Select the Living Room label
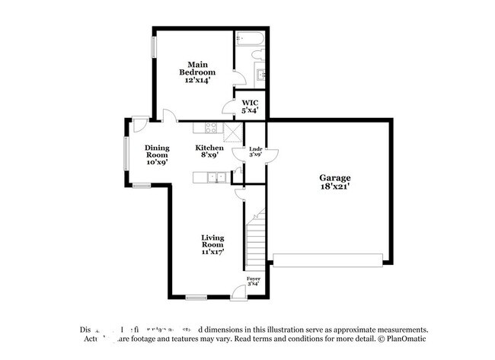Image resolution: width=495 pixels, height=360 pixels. (212, 244)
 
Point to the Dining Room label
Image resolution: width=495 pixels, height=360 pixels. (156, 155)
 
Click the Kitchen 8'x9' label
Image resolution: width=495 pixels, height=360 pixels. (209, 151)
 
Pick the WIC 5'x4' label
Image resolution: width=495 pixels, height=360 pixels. (250, 106)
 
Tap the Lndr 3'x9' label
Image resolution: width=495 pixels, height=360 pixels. (256, 151)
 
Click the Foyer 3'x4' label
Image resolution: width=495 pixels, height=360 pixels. (254, 282)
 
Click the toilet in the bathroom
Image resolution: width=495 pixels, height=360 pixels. (257, 55)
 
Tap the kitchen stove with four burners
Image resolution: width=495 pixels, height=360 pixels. (211, 128)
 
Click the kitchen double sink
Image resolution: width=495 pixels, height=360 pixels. (217, 178)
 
